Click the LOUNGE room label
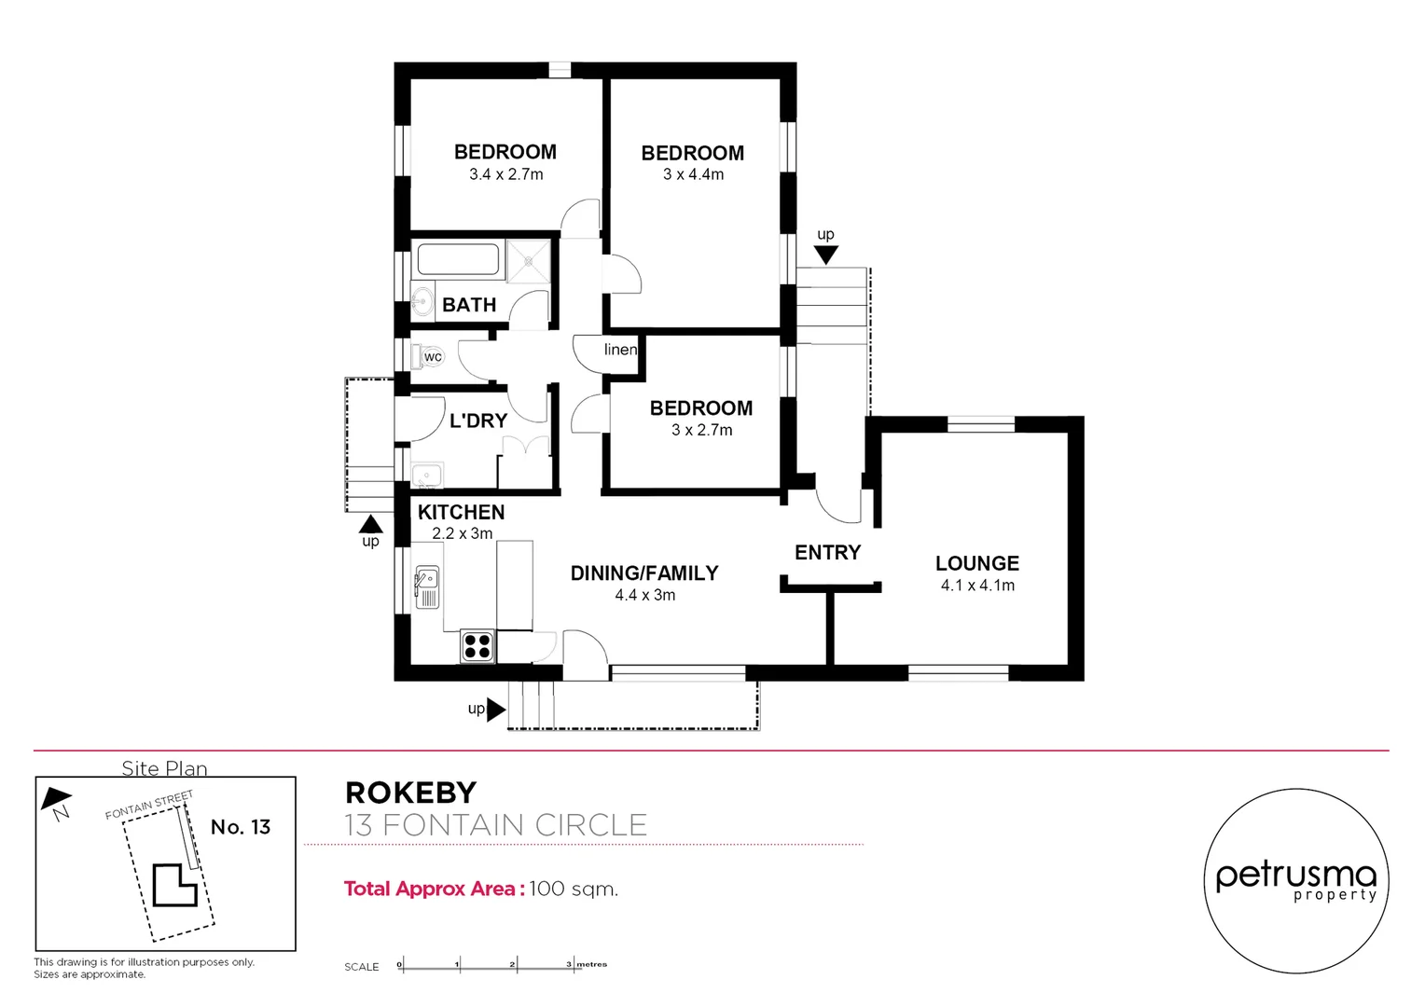(x=976, y=563)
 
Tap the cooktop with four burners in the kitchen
(x=477, y=646)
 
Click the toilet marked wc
(x=428, y=356)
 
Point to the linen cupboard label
(x=620, y=350)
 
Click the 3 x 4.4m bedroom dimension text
(x=693, y=174)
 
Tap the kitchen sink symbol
(x=426, y=587)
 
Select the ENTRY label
(x=827, y=553)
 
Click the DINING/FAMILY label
(x=644, y=573)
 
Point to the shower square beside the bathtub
(x=528, y=260)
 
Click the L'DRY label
(x=478, y=421)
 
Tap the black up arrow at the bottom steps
(x=496, y=710)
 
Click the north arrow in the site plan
(x=57, y=800)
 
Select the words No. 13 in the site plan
(x=241, y=827)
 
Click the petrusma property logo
(x=1295, y=880)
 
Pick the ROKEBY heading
(x=410, y=793)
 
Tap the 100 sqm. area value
(x=574, y=889)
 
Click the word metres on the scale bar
(x=591, y=964)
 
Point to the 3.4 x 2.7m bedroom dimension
(x=505, y=174)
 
